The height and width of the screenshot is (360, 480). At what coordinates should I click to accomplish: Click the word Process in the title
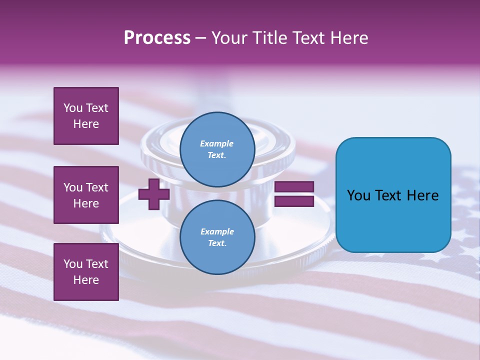[x=157, y=37]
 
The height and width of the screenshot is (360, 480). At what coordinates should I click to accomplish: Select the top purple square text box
[x=86, y=116]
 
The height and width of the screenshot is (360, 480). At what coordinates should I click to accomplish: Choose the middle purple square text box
[x=86, y=195]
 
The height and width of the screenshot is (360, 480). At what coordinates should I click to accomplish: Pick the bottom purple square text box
[x=86, y=272]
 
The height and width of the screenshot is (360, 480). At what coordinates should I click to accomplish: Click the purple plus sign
[x=154, y=194]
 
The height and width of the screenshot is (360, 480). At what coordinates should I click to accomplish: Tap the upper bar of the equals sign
[x=294, y=187]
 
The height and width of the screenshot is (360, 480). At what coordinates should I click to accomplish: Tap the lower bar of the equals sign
[x=294, y=201]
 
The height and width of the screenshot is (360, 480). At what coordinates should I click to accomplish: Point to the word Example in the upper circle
[x=217, y=143]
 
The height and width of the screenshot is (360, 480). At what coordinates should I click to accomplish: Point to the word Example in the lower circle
[x=217, y=231]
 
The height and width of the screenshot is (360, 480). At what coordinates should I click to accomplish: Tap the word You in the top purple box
[x=73, y=108]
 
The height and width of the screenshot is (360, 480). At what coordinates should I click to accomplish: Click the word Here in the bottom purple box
[x=86, y=280]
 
